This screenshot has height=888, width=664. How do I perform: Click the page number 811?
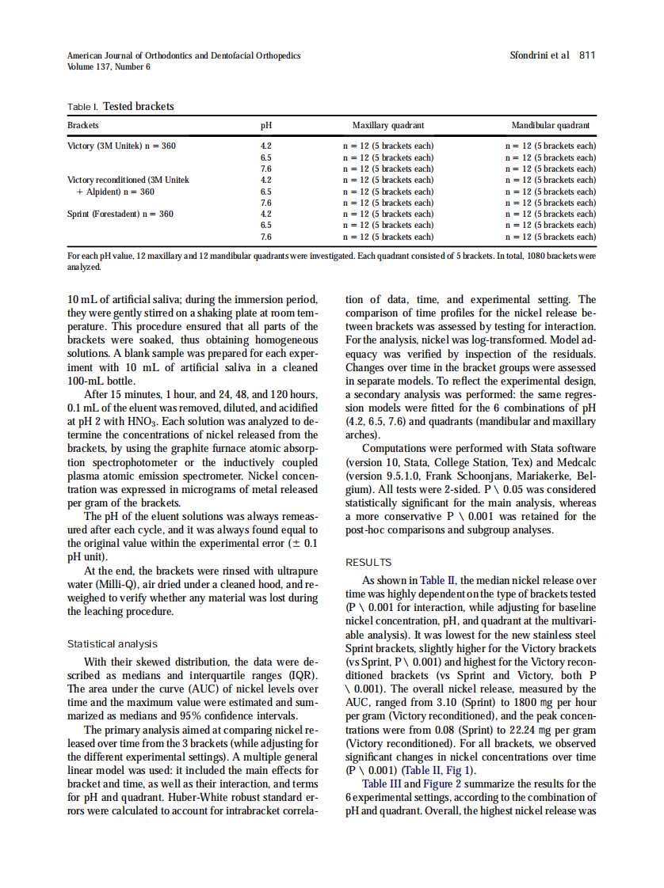(587, 55)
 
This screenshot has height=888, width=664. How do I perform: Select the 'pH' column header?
(266, 126)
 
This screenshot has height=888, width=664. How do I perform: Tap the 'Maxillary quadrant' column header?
(388, 126)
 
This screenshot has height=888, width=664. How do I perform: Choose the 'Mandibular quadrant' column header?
(551, 126)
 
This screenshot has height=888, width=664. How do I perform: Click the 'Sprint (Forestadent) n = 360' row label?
(120, 214)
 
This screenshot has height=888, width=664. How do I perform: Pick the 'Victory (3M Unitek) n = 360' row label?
(122, 146)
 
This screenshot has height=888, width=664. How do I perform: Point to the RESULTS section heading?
(368, 563)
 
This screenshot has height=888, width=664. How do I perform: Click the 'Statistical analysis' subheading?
(113, 644)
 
